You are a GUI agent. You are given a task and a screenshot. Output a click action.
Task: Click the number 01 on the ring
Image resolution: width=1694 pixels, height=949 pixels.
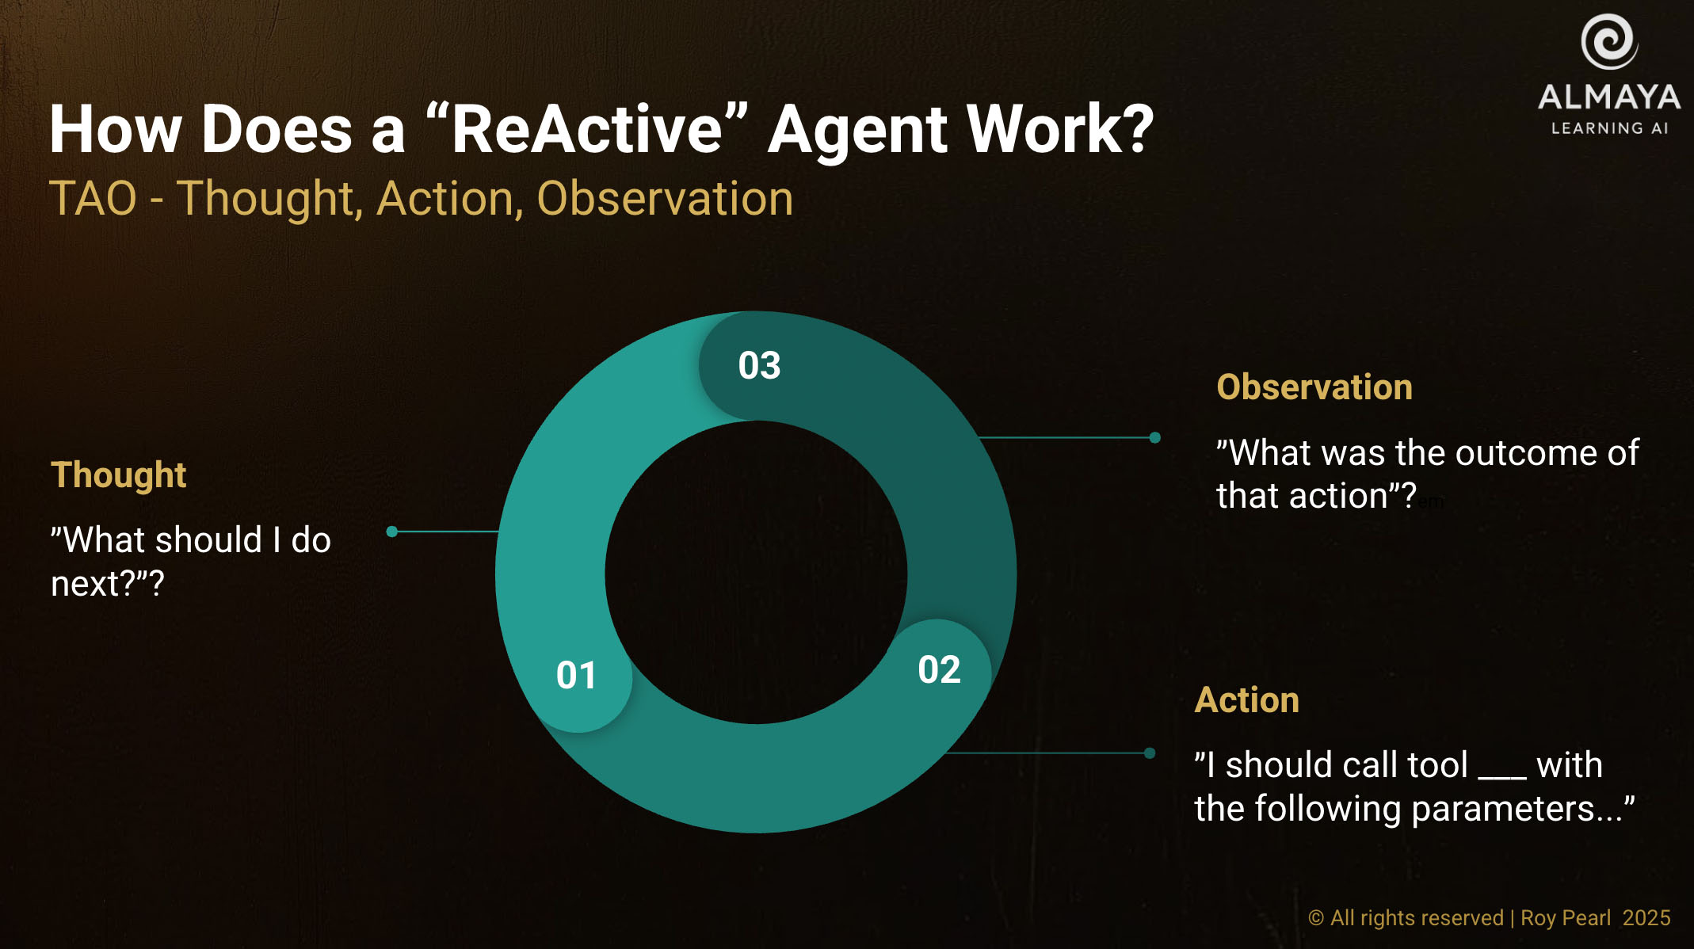pos(576,676)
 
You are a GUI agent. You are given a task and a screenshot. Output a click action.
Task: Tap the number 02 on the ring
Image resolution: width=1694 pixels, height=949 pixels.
pos(939,670)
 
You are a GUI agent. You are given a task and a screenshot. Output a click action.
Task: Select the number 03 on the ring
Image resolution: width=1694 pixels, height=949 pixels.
pos(759,365)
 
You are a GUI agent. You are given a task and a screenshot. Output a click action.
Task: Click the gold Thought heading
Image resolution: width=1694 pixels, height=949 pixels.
pos(119,475)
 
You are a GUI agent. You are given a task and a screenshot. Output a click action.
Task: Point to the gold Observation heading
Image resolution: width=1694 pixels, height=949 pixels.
pos(1314,387)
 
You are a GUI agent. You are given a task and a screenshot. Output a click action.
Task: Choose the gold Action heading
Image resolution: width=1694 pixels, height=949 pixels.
pos(1247,700)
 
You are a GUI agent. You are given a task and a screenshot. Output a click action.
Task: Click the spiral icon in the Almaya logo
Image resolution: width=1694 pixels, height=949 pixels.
pos(1609,41)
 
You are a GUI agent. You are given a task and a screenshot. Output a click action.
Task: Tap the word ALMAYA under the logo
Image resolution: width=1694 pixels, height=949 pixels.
pos(1609,97)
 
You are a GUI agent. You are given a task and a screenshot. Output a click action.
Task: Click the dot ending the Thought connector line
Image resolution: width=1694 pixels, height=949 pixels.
pos(391,532)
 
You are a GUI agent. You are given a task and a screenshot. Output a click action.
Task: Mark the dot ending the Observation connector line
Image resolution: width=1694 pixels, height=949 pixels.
pos(1155,437)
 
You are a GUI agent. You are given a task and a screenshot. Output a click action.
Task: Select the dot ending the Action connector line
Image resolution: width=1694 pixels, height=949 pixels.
pos(1150,753)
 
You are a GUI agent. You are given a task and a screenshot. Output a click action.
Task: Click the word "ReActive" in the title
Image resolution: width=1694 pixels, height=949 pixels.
pos(587,129)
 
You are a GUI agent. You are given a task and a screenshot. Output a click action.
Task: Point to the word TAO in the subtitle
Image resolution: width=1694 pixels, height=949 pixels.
pos(93,199)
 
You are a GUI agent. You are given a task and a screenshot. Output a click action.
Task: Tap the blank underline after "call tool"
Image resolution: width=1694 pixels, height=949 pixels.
pos(1502,777)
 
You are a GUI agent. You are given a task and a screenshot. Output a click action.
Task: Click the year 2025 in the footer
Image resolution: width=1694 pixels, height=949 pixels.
pos(1646,918)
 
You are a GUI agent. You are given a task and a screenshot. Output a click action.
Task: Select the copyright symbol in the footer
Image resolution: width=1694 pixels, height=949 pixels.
pos(1316,918)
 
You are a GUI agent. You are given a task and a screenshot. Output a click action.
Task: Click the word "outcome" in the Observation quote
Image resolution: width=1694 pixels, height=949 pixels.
pos(1496,453)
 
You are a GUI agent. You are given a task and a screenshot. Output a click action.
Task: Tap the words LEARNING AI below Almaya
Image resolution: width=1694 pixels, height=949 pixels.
pos(1610,128)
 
